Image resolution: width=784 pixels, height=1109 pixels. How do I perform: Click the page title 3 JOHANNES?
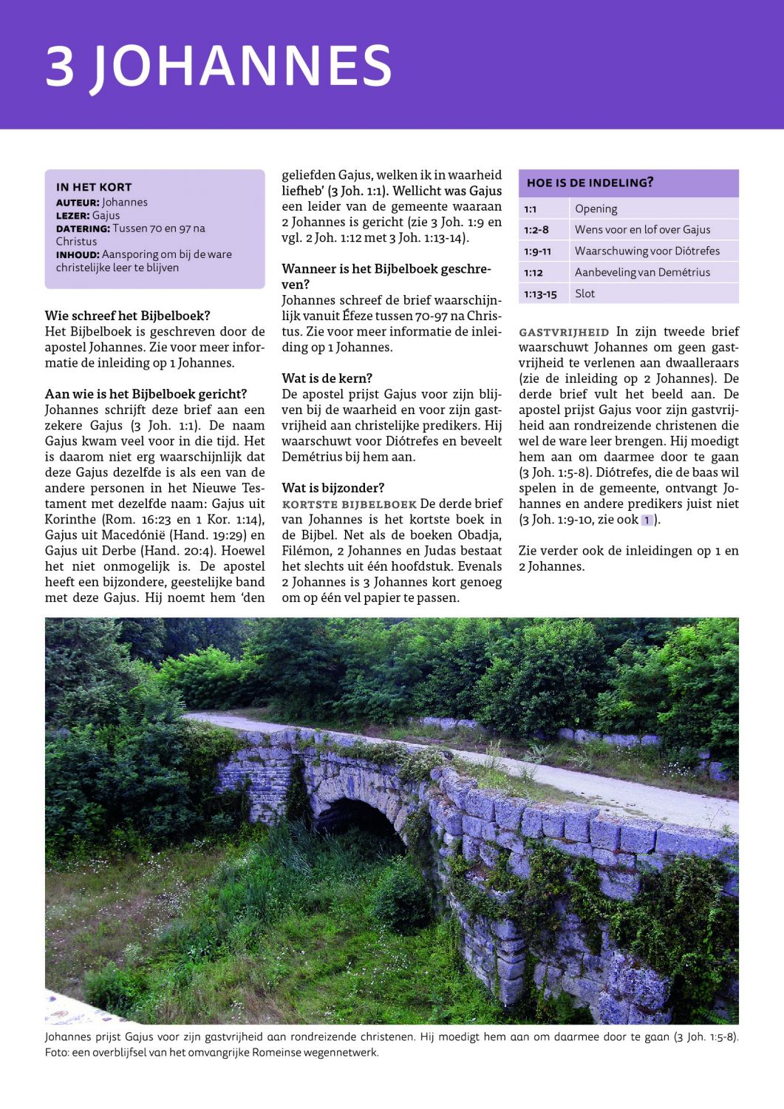click(x=219, y=65)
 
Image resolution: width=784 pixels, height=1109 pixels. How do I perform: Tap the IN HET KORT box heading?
click(x=94, y=187)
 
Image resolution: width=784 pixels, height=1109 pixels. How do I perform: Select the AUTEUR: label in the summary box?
click(x=78, y=203)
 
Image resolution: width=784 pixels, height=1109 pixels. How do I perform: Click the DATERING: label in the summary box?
click(x=83, y=229)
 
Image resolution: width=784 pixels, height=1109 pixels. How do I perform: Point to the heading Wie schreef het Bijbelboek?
click(x=128, y=316)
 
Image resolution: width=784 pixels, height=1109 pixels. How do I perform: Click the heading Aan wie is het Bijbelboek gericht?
click(x=146, y=394)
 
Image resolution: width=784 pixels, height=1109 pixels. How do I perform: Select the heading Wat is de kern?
click(x=327, y=379)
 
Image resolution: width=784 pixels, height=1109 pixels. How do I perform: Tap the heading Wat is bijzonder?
click(x=333, y=488)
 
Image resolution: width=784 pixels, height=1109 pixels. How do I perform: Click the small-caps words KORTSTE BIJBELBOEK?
click(x=349, y=504)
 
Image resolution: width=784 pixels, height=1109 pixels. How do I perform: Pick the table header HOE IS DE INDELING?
click(x=590, y=183)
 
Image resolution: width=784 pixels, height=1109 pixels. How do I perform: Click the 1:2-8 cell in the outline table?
click(x=536, y=230)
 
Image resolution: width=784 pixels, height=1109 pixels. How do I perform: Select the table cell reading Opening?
click(x=596, y=209)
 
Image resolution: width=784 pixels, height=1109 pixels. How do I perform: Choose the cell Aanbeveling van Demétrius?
click(x=642, y=272)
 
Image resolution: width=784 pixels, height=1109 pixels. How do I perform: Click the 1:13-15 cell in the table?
click(x=540, y=294)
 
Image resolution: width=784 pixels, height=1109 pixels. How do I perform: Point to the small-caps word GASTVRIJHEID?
click(x=564, y=333)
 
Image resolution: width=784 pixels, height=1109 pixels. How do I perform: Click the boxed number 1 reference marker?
click(x=647, y=520)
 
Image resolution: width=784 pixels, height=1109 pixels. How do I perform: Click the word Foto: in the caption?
click(x=57, y=1053)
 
